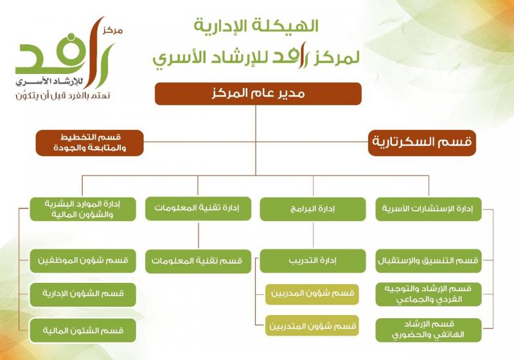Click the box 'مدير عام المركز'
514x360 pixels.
258,93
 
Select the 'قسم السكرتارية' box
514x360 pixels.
422,143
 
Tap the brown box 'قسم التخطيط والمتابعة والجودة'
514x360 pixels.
89,143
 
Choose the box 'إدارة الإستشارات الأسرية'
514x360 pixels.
429,209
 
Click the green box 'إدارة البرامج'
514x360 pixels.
313,209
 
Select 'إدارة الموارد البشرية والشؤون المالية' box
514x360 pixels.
83,209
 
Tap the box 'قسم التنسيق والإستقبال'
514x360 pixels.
429,261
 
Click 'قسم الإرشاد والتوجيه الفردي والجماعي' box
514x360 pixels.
429,294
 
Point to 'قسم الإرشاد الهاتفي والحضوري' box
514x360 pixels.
429,330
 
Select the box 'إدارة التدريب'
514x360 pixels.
313,261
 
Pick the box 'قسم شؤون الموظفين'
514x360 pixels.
83,261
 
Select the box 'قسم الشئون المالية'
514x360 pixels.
83,330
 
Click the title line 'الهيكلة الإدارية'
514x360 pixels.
257,27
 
